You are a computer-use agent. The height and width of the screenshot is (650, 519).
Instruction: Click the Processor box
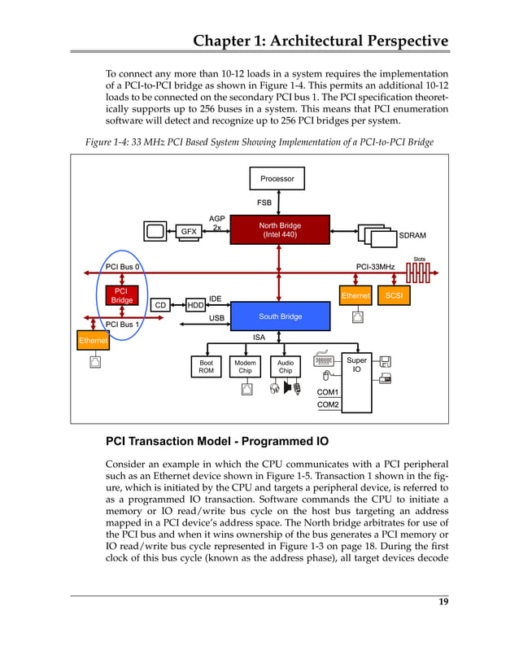tap(277, 179)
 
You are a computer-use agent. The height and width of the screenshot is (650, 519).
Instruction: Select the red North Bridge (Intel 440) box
tap(279, 230)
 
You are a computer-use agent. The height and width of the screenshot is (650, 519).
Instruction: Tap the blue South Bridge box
tap(280, 316)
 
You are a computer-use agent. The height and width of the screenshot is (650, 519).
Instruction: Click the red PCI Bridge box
tap(120, 295)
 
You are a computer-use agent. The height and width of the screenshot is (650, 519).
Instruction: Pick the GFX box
tap(189, 232)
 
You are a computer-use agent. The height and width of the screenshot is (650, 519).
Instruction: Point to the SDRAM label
tap(412, 236)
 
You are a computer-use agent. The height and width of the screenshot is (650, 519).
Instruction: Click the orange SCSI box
tap(394, 295)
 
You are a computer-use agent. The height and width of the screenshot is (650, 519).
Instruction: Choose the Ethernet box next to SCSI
tap(355, 296)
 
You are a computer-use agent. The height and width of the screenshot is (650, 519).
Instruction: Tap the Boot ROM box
tap(207, 367)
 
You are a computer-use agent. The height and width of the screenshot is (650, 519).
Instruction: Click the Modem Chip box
tap(245, 367)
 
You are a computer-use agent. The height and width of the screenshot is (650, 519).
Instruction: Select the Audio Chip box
tap(286, 367)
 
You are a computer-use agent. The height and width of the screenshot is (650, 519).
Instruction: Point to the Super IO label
tap(356, 364)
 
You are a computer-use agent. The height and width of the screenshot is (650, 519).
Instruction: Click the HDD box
tap(195, 305)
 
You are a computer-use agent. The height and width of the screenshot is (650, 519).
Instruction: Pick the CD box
tap(160, 305)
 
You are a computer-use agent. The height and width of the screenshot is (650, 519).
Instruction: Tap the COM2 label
tap(328, 404)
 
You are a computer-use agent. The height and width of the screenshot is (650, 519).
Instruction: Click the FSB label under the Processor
tap(264, 202)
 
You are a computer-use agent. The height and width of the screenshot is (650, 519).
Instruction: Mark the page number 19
tap(443, 602)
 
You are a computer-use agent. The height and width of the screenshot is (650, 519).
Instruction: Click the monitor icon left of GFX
tap(155, 232)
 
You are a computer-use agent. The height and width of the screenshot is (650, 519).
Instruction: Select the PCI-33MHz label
tap(376, 266)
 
